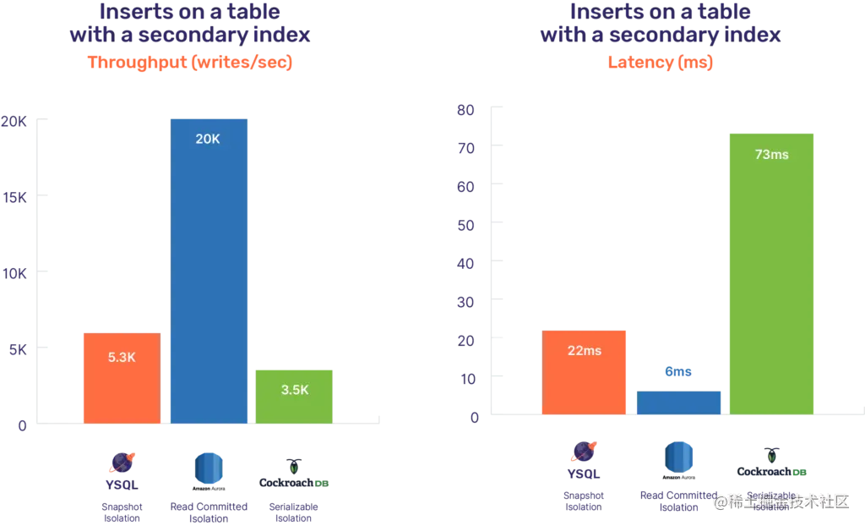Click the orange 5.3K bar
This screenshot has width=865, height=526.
122,377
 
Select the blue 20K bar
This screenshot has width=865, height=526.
209,271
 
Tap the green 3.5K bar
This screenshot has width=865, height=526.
295,395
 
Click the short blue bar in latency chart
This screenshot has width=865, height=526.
678,401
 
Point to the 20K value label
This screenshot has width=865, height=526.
208,140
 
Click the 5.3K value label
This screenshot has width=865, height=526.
122,357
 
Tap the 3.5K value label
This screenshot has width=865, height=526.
295,390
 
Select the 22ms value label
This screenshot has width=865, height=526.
584,350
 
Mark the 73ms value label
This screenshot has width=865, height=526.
771,155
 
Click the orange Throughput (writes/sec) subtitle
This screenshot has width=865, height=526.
189,63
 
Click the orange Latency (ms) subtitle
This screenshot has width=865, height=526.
661,63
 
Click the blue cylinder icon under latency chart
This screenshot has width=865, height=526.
678,457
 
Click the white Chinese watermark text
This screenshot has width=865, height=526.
781,501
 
